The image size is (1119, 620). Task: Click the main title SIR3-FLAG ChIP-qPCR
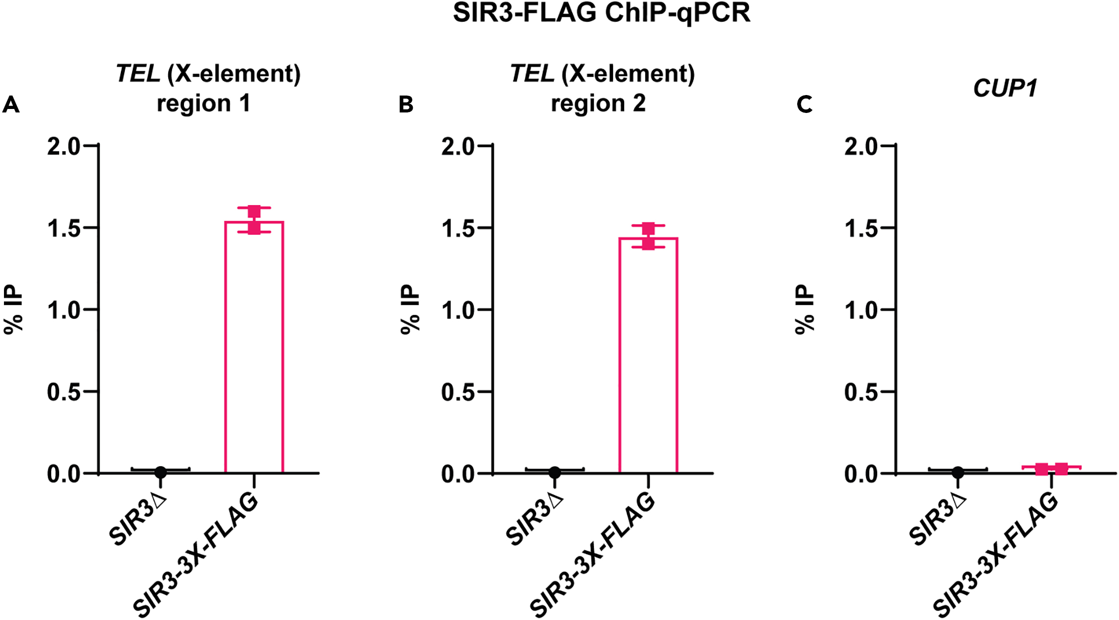click(601, 13)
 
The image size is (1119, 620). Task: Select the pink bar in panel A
click(254, 348)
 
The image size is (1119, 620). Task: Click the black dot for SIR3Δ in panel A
click(160, 472)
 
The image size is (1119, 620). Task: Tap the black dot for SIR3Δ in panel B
click(555, 472)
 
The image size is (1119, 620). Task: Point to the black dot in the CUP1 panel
click(958, 472)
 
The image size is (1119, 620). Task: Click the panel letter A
click(11, 105)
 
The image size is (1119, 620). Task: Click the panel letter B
click(406, 105)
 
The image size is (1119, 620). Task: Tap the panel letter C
click(804, 105)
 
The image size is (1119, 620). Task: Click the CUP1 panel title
click(1005, 89)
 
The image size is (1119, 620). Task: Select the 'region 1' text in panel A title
click(203, 103)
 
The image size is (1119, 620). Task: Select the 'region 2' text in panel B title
click(598, 103)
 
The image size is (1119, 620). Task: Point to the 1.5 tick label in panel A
click(64, 228)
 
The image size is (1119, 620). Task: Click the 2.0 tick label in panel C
click(860, 146)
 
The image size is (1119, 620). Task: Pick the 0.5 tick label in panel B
click(458, 392)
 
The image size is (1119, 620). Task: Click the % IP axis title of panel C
click(804, 309)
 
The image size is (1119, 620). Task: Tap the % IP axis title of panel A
click(13, 309)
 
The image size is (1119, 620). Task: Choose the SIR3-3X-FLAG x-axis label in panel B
click(592, 555)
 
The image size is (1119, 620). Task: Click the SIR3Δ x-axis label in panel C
click(937, 520)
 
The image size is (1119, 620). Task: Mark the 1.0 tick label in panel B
click(458, 310)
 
